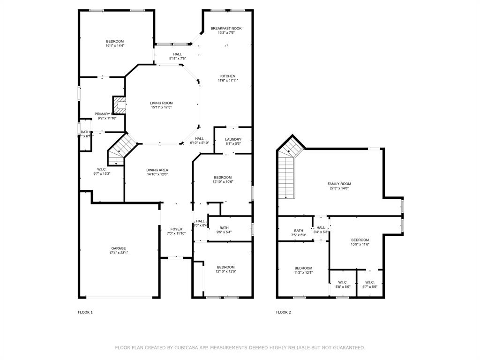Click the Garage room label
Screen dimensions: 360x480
click(x=118, y=248)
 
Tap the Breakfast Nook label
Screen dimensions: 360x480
click(x=226, y=29)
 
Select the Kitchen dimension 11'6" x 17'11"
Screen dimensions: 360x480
click(x=228, y=81)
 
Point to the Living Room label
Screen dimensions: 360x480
click(x=161, y=103)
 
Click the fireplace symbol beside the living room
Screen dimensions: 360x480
click(x=120, y=105)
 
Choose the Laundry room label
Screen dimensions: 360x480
click(x=233, y=139)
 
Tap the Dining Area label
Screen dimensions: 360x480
click(x=157, y=170)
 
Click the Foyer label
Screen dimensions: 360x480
click(x=176, y=229)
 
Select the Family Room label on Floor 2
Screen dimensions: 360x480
click(x=339, y=184)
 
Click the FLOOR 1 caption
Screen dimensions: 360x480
click(x=85, y=312)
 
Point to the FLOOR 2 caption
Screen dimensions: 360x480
click(x=283, y=312)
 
